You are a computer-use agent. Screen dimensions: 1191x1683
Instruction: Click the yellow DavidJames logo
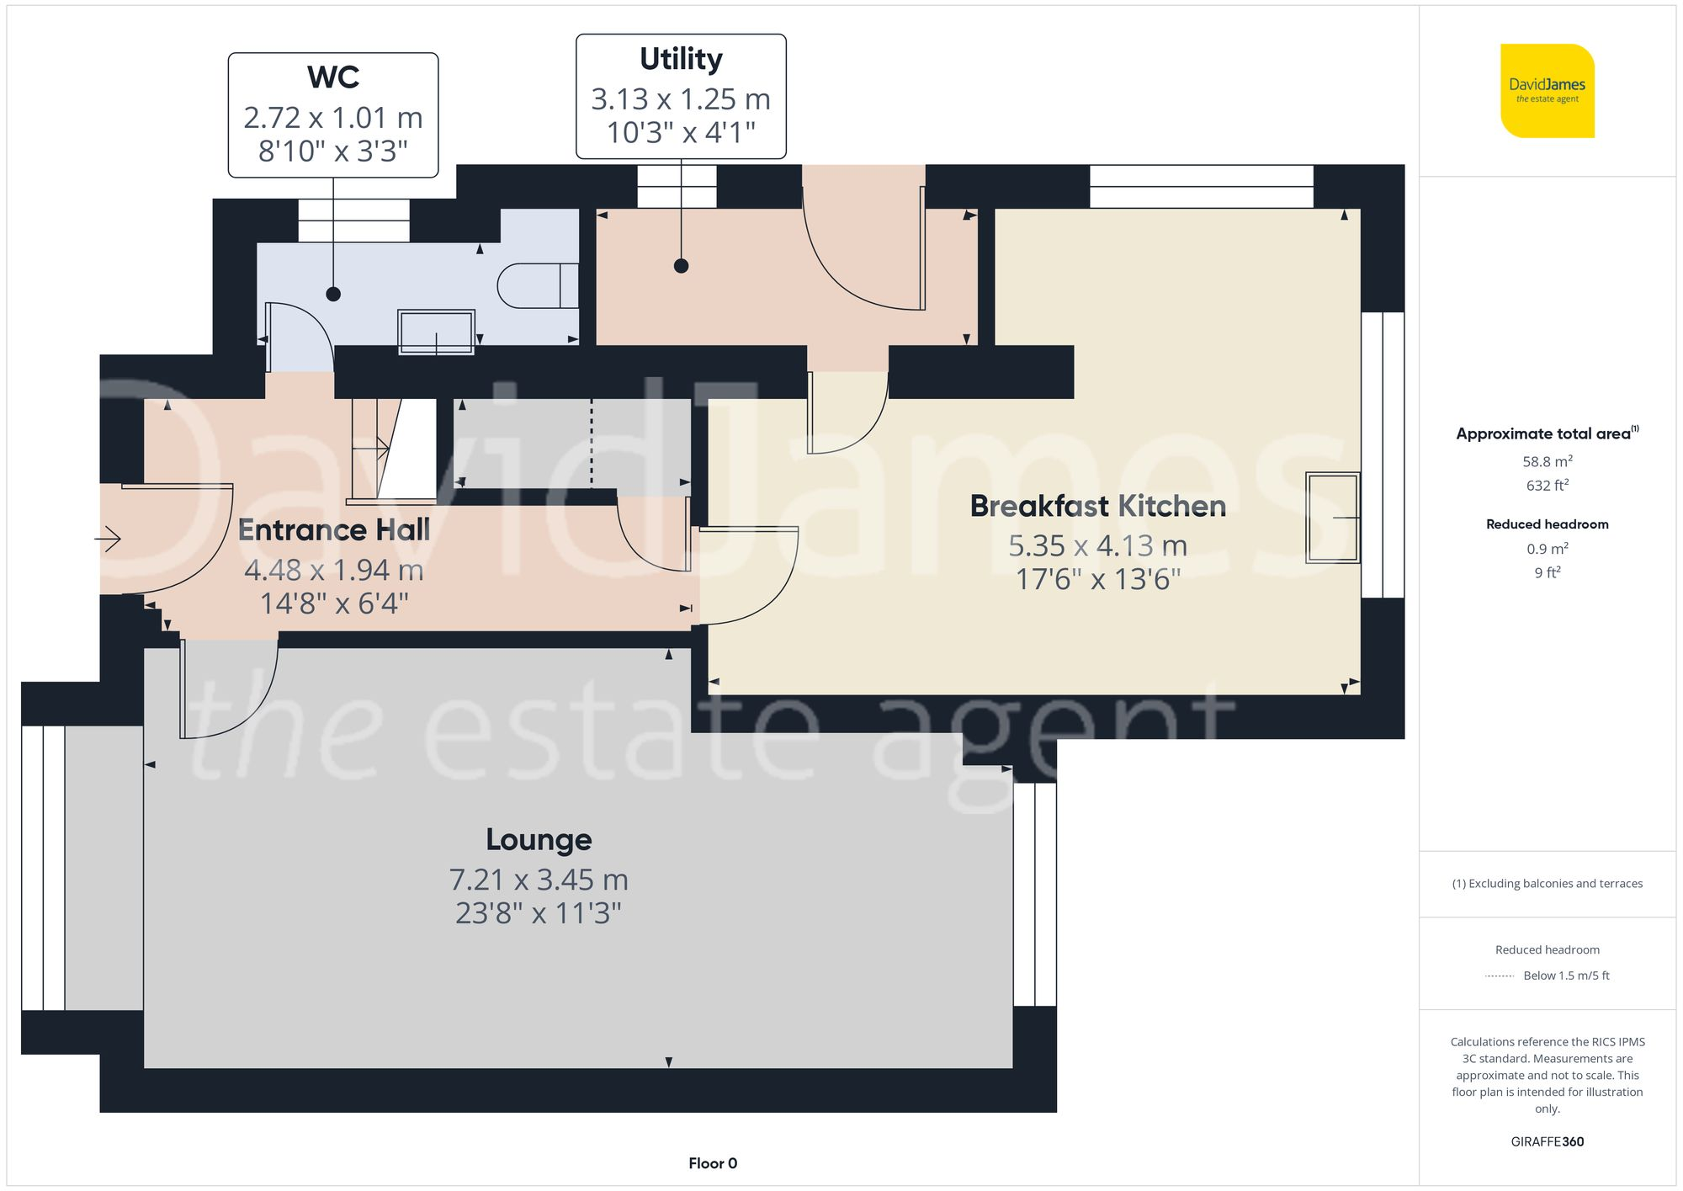point(1547,91)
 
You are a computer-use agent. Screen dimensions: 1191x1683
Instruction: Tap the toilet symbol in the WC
point(536,286)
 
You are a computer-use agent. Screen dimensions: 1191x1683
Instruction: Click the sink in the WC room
point(436,332)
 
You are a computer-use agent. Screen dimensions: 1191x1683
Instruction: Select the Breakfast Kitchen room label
point(1097,506)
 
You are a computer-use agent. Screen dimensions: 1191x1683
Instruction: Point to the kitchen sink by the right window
point(1332,518)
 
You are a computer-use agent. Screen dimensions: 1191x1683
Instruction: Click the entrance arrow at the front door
point(109,539)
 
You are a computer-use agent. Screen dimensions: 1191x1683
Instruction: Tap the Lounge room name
point(539,839)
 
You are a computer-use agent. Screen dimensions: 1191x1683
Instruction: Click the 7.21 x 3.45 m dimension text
point(539,880)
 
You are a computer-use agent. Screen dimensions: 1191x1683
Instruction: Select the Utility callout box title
point(681,59)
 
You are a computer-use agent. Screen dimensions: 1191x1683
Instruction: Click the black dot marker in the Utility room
point(682,266)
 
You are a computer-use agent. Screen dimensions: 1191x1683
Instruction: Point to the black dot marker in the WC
point(333,294)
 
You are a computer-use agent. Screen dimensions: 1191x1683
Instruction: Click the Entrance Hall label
point(333,529)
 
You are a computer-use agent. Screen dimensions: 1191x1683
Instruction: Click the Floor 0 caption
point(712,1163)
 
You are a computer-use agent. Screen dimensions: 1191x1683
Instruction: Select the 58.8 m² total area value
point(1547,461)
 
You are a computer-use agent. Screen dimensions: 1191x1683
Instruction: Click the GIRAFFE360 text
point(1547,1141)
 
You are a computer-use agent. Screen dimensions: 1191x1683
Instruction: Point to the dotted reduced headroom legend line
point(1500,976)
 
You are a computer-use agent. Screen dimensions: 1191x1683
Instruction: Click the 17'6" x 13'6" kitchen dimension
point(1097,579)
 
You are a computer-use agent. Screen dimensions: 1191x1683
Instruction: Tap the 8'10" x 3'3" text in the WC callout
point(333,152)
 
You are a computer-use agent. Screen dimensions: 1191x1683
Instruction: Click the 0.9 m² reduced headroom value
point(1547,549)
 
